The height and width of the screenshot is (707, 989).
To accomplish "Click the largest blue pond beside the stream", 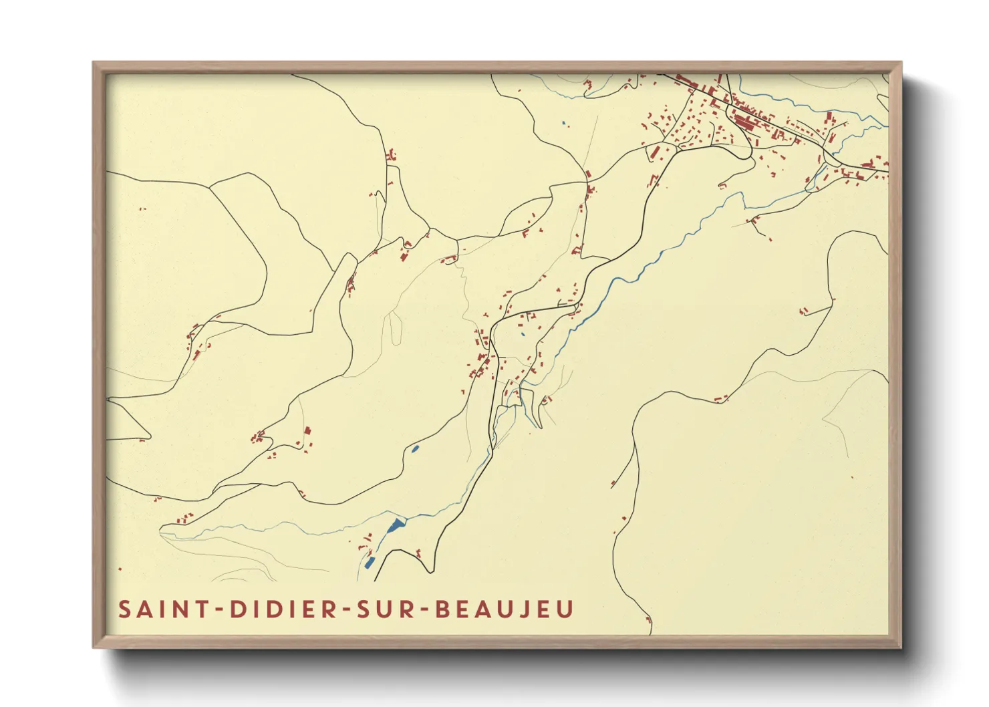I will point(397,525).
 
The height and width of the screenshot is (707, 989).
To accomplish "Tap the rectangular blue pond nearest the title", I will point(370,562).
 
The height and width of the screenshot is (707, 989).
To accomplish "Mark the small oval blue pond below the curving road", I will point(415,449).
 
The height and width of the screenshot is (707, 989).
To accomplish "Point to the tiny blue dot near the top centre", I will point(564,123).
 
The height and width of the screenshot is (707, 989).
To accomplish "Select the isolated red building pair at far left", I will point(142,209).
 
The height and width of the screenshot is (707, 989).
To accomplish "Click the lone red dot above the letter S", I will point(120,569).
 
